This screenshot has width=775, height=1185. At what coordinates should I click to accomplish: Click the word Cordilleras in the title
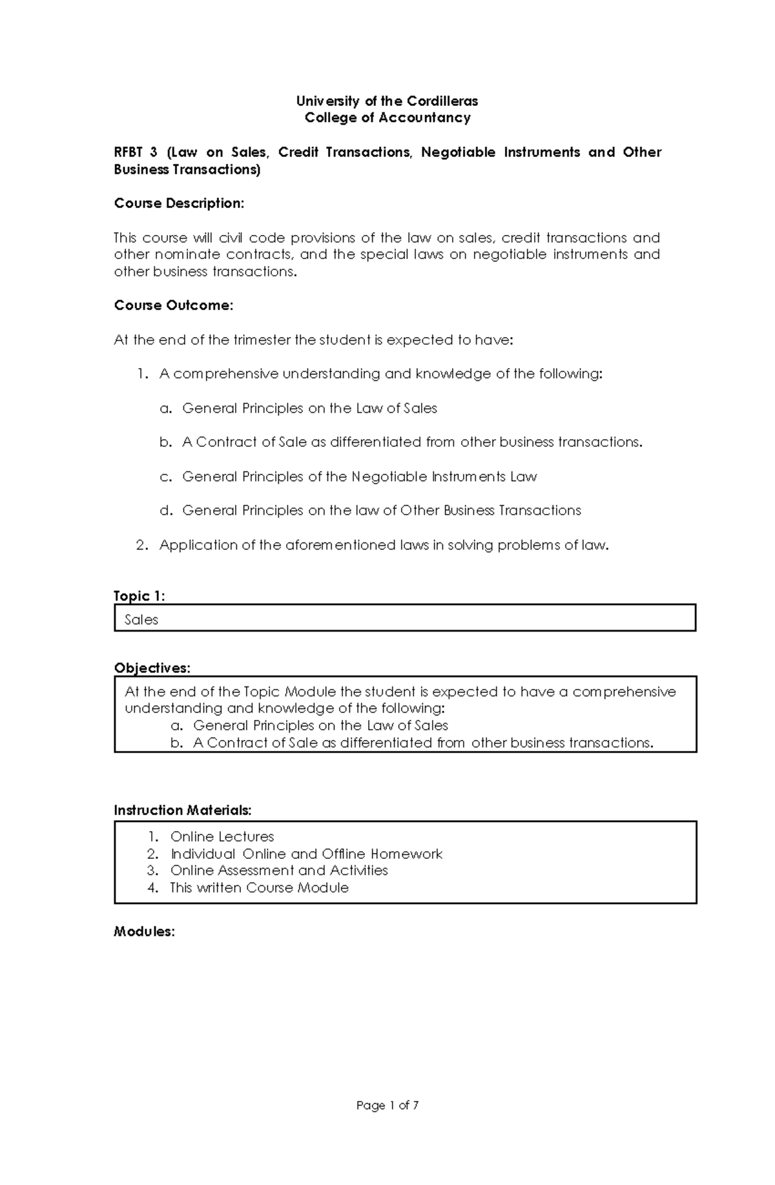442,101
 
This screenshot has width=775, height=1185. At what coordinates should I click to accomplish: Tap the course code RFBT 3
136,152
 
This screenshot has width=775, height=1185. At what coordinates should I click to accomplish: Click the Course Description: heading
179,203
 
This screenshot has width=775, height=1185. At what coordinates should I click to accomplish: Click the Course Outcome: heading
173,305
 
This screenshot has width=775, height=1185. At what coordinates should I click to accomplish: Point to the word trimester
250,340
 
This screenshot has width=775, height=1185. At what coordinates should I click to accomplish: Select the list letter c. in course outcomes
166,477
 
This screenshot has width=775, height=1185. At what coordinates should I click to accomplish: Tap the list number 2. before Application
143,545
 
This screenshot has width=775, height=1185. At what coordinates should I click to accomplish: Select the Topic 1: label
139,595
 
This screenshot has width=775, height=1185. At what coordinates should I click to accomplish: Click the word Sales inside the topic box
141,620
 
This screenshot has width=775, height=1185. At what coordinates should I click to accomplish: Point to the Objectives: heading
152,668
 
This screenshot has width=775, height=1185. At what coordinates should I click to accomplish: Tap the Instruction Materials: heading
183,810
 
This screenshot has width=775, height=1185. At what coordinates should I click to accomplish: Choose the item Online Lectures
222,837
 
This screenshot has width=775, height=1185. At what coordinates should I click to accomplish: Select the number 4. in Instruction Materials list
153,888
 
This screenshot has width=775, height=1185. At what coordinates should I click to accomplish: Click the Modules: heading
144,932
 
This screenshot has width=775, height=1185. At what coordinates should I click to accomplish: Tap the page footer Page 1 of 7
387,1106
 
